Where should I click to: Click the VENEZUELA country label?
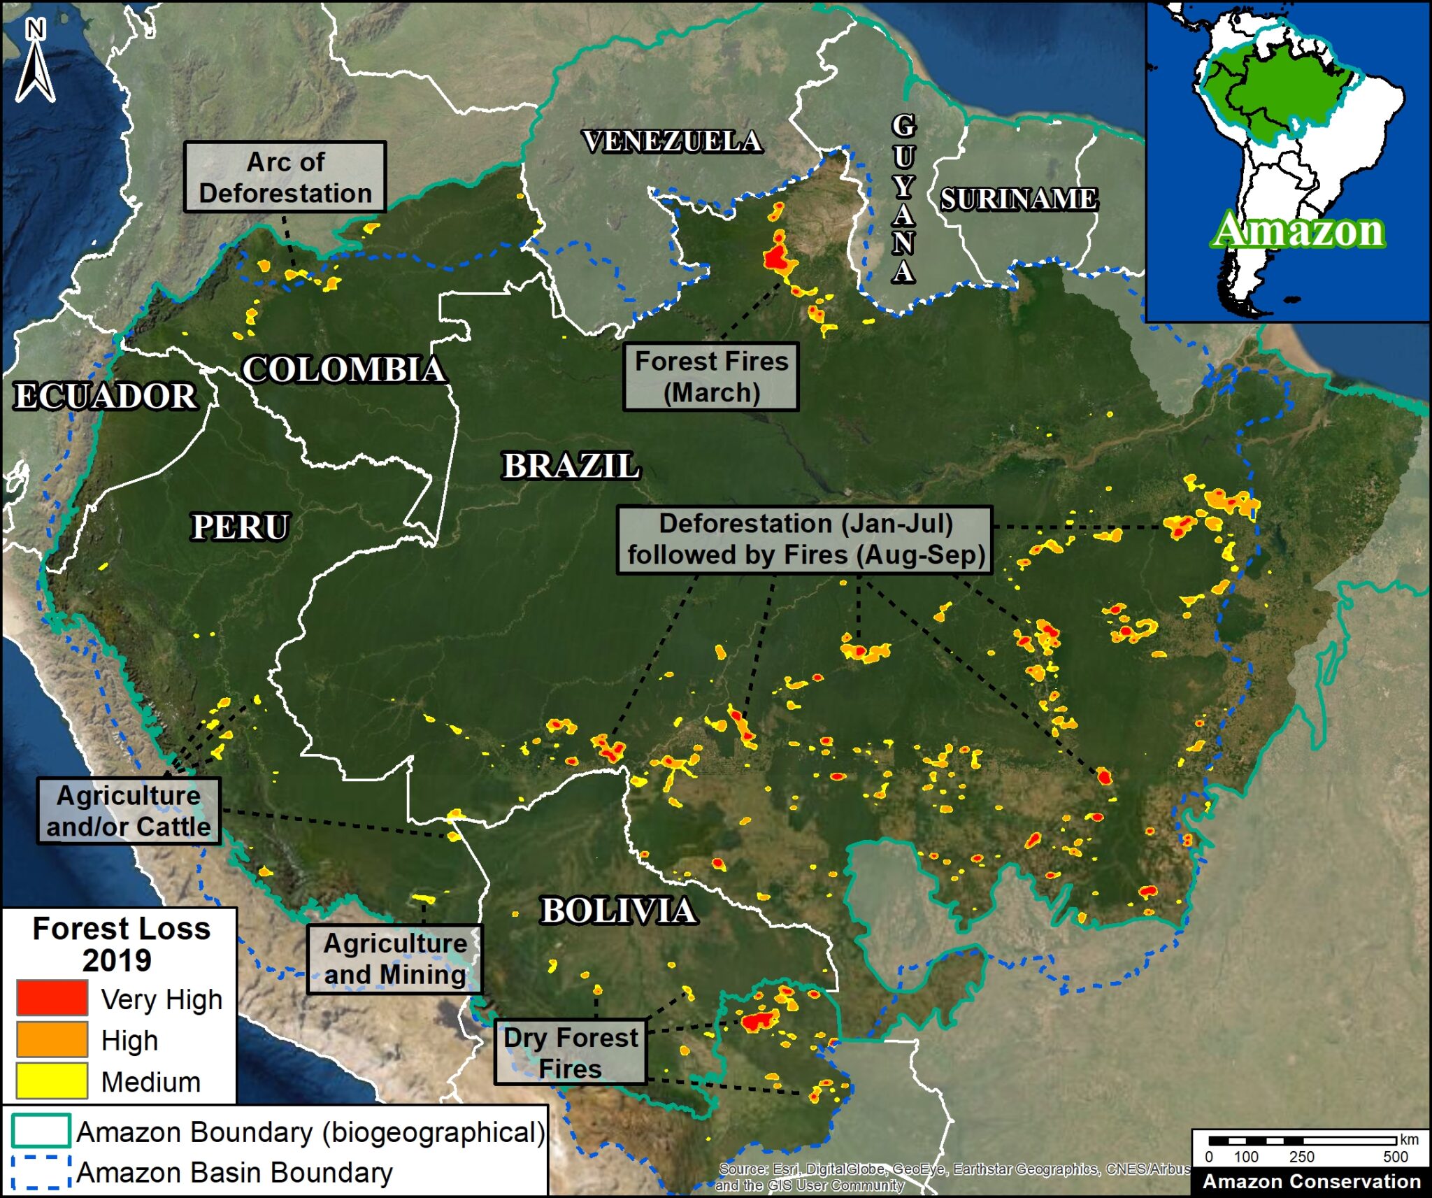pyautogui.click(x=672, y=141)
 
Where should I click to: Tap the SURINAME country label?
pyautogui.click(x=1018, y=199)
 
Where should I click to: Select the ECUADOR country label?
pyautogui.click(x=106, y=396)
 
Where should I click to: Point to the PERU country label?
pyautogui.click(x=240, y=527)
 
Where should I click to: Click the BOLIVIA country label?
pyautogui.click(x=618, y=911)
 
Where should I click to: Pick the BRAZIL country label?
pyautogui.click(x=571, y=466)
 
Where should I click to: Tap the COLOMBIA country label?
pyautogui.click(x=343, y=369)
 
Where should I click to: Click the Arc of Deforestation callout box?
pyautogui.click(x=285, y=177)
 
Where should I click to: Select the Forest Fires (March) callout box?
pyautogui.click(x=710, y=376)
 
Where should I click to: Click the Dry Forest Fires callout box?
pyautogui.click(x=570, y=1052)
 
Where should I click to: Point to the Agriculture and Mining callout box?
pyautogui.click(x=394, y=959)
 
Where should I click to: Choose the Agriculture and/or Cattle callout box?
pyautogui.click(x=129, y=811)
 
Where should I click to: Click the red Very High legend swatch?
pyautogui.click(x=52, y=997)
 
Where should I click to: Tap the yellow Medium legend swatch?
pyautogui.click(x=52, y=1081)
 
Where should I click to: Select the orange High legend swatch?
pyautogui.click(x=52, y=1039)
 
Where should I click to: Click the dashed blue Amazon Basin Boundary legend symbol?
pyautogui.click(x=41, y=1171)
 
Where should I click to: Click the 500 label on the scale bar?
pyautogui.click(x=1395, y=1157)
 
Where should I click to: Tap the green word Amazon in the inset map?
pyautogui.click(x=1298, y=230)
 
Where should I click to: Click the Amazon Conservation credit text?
pyautogui.click(x=1311, y=1181)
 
